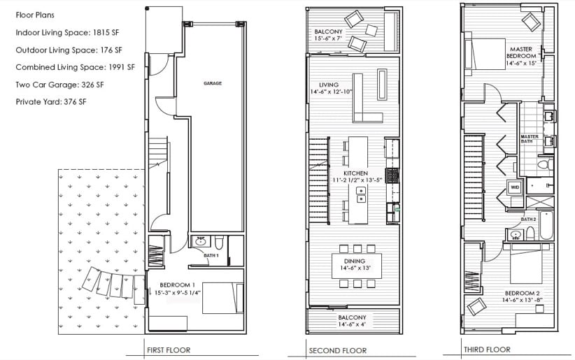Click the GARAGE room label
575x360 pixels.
pos(213,83)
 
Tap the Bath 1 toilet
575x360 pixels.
pos(219,242)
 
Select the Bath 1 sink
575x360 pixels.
pos(200,241)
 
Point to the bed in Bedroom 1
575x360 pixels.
pos(222,298)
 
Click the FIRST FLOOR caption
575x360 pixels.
pos(169,350)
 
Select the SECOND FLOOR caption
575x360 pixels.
pos(338,351)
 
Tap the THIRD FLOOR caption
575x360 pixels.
pos(487,350)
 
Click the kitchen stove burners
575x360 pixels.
pos(392,175)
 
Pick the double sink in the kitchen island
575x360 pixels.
pos(361,194)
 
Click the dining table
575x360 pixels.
pos(357,266)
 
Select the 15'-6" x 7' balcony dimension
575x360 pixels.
pos(328,38)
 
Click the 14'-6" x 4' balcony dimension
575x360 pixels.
pos(352,324)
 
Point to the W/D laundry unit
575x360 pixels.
pos(515,187)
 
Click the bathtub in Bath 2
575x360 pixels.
pos(546,225)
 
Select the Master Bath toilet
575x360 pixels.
pos(545,164)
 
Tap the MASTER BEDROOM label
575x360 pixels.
pos(521,52)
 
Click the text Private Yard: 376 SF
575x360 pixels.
pos(51,102)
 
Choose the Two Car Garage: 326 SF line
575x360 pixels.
pos(59,85)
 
